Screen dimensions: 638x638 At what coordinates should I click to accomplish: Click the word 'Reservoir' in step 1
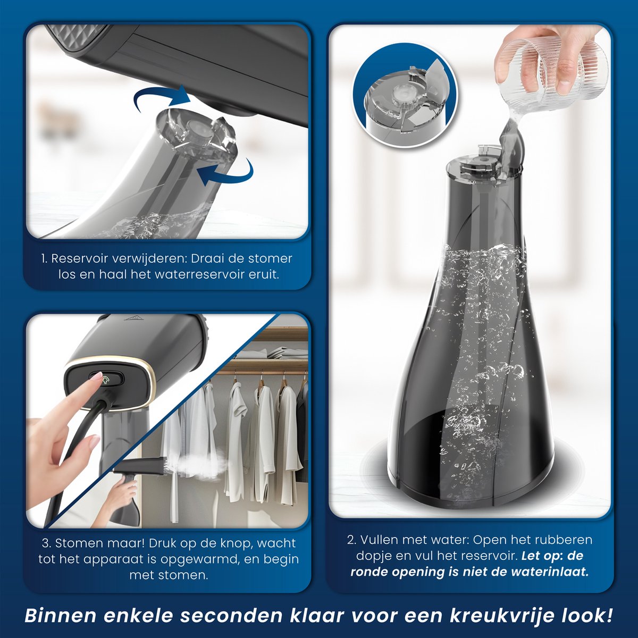click(x=79, y=258)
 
